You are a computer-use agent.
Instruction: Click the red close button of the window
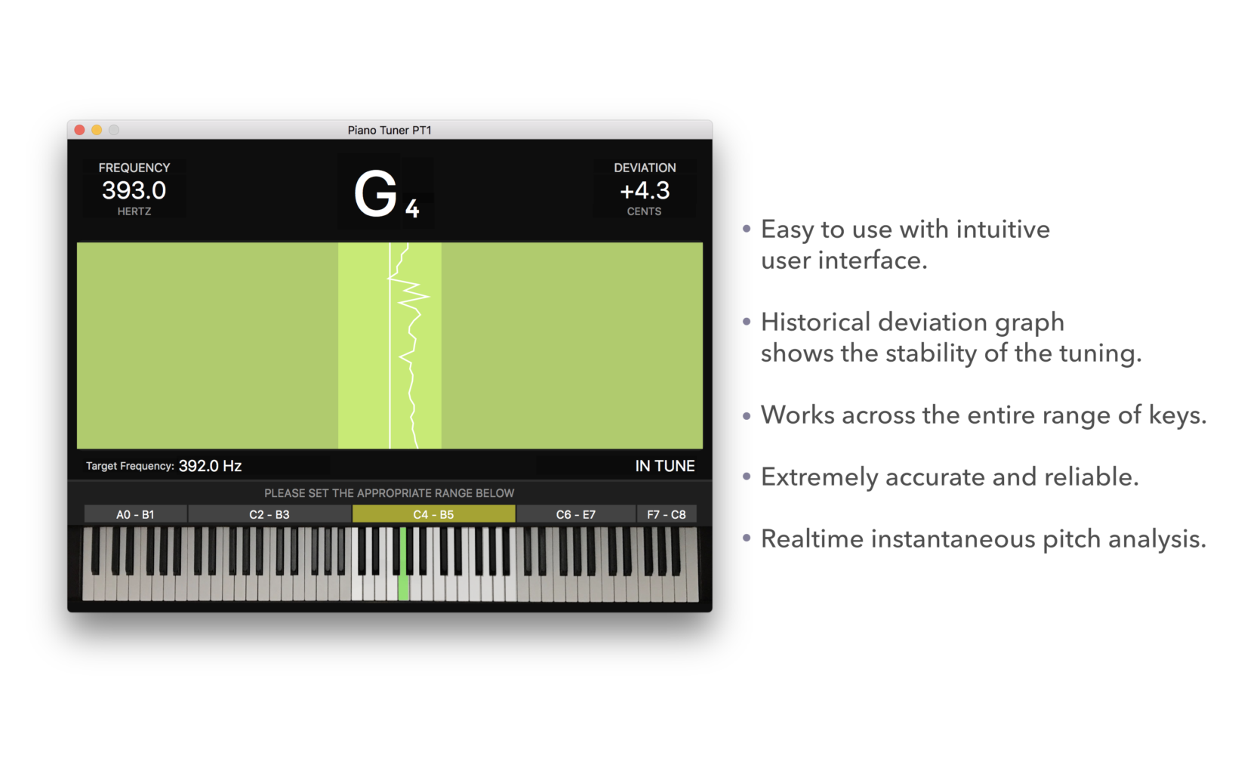click(x=79, y=130)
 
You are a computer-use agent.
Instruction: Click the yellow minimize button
click(x=97, y=130)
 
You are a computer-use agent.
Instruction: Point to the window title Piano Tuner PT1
click(x=389, y=130)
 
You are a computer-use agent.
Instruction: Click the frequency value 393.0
click(x=134, y=191)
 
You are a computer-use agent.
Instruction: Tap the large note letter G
click(x=375, y=194)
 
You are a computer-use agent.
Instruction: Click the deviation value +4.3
click(x=645, y=191)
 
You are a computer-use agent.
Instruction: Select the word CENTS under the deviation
click(x=644, y=211)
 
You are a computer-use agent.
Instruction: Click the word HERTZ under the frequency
click(x=134, y=211)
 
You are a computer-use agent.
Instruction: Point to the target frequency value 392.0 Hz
click(x=210, y=466)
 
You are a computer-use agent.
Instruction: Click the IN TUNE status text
click(x=665, y=466)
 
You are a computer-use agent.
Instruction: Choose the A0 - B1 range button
click(x=135, y=514)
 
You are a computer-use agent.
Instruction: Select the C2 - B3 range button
click(x=269, y=514)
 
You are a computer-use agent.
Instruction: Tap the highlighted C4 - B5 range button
click(x=434, y=514)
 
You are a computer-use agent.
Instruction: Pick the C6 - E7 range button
click(x=576, y=514)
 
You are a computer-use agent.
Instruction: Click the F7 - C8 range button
click(x=666, y=514)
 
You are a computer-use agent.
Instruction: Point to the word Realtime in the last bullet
click(x=812, y=539)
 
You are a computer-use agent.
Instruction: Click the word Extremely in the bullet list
click(x=819, y=478)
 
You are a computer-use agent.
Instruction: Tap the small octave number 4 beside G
click(x=412, y=208)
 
